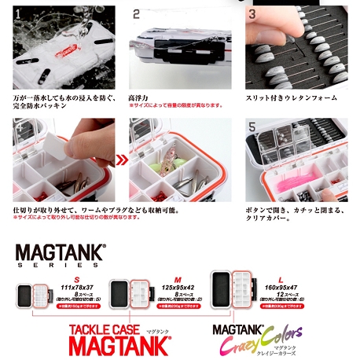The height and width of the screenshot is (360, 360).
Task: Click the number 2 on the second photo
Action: pos(137,14)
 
